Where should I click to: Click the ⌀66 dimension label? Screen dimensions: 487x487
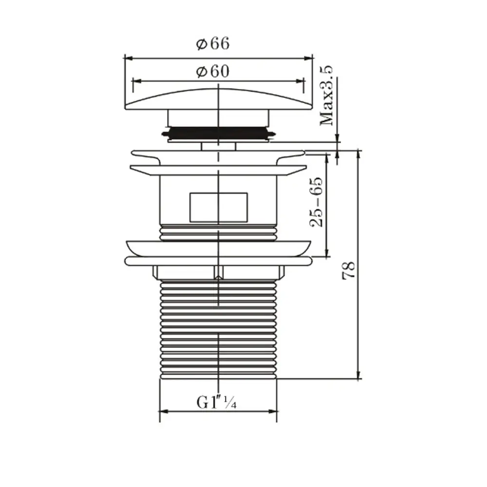pyautogui.click(x=213, y=44)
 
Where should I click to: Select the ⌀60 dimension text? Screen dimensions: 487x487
pyautogui.click(x=213, y=72)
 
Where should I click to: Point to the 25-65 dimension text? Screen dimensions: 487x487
pyautogui.click(x=317, y=202)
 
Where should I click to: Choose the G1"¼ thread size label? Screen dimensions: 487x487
pyautogui.click(x=216, y=403)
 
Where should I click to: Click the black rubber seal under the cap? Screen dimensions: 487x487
pyautogui.click(x=218, y=132)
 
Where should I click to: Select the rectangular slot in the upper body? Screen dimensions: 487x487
pyautogui.click(x=218, y=207)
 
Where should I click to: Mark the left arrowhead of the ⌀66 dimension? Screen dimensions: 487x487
pyautogui.click(x=127, y=57)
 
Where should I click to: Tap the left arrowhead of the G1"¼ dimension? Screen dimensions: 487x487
pyautogui.click(x=163, y=412)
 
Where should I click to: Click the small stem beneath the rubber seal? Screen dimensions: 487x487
pyautogui.click(x=218, y=146)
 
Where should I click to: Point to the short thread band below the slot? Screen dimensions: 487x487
pyautogui.click(x=218, y=233)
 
